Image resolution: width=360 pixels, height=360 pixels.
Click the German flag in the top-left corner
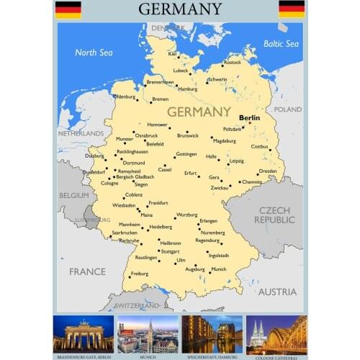(x=68, y=9)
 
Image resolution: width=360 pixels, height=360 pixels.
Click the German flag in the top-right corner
(x=292, y=9)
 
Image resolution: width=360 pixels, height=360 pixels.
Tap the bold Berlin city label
(x=249, y=117)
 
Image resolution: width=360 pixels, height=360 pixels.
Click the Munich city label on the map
(x=218, y=269)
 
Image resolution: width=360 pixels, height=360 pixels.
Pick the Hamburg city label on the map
(x=187, y=89)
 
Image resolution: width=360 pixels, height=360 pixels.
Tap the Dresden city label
(x=268, y=171)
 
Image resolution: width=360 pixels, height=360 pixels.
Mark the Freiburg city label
(x=139, y=274)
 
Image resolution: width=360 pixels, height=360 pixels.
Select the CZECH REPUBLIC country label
(x=274, y=214)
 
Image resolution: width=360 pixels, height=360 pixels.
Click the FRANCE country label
(x=87, y=271)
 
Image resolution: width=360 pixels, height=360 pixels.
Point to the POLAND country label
(x=288, y=109)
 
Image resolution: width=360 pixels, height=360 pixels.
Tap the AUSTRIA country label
(x=277, y=292)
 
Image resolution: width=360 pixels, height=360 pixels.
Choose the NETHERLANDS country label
(x=81, y=133)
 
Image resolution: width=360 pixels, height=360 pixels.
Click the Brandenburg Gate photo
(x=84, y=333)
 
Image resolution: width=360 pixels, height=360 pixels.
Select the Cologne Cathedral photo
(x=276, y=333)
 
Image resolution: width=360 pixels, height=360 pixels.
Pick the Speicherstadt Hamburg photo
(x=212, y=333)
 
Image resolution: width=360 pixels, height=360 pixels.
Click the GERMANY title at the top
(x=180, y=9)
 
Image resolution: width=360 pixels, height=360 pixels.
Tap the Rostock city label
(x=232, y=63)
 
